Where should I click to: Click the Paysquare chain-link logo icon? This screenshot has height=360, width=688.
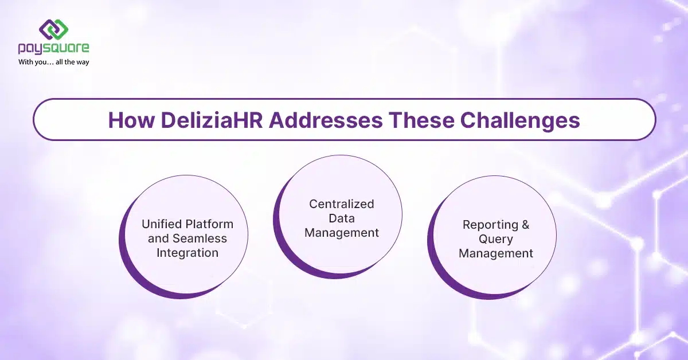pyautogui.click(x=53, y=30)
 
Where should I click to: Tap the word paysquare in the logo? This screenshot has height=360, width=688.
pyautogui.click(x=53, y=49)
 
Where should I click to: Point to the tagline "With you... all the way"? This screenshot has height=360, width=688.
pyautogui.click(x=53, y=62)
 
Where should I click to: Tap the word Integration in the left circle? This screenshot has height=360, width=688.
pyautogui.click(x=187, y=253)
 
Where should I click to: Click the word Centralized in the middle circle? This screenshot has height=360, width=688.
pyautogui.click(x=342, y=204)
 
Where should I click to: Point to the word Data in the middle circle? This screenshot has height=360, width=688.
pyautogui.click(x=342, y=218)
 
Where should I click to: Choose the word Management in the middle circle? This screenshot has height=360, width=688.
pyautogui.click(x=342, y=233)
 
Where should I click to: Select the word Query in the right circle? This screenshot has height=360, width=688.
pyautogui.click(x=497, y=239)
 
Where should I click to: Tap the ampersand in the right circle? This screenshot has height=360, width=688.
pyautogui.click(x=523, y=225)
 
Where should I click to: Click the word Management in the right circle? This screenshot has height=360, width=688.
pyautogui.click(x=497, y=253)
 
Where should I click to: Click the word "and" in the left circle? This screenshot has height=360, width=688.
pyautogui.click(x=159, y=238)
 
